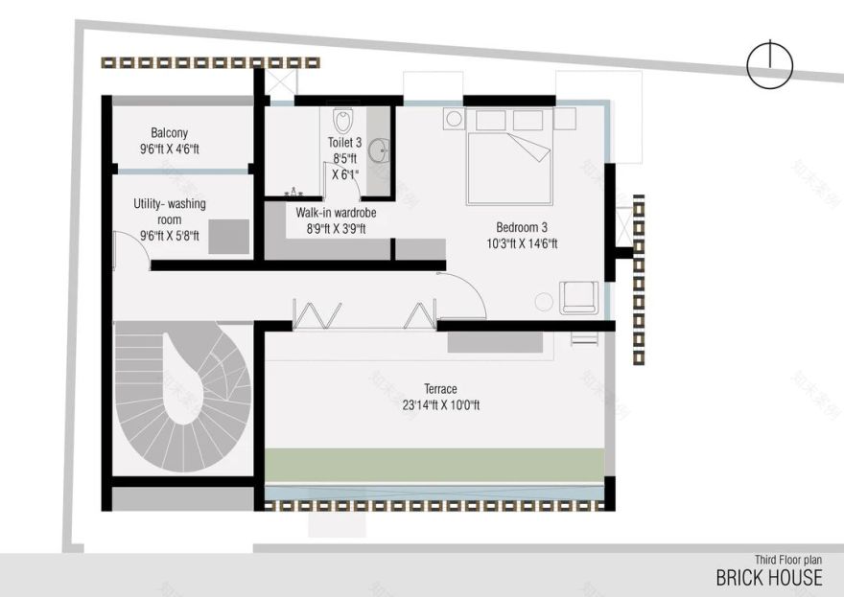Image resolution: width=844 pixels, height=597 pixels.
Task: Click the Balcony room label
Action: point(169,133)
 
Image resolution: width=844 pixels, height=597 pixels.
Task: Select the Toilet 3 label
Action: point(344,143)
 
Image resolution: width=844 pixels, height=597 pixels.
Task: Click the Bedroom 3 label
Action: point(521,227)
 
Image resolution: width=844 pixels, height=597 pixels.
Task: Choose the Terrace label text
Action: point(440,389)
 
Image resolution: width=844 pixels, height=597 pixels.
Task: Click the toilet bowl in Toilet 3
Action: point(343,122)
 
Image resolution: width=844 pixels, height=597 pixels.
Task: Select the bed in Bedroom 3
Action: point(509,168)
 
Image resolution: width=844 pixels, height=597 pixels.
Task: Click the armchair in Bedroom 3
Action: point(579,297)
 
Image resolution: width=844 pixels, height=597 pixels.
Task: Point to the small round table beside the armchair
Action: point(545,302)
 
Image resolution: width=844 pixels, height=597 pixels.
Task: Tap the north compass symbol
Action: point(770,65)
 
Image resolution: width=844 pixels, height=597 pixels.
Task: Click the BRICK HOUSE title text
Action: point(768,577)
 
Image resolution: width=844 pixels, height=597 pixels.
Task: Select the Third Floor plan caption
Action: point(787,560)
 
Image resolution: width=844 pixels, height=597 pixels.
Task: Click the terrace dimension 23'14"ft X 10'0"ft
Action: point(440,405)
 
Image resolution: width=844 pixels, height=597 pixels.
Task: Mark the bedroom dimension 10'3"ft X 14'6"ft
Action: point(521,243)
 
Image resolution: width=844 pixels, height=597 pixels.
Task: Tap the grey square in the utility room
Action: point(228,236)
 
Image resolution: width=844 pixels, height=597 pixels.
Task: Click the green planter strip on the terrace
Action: point(434,464)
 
